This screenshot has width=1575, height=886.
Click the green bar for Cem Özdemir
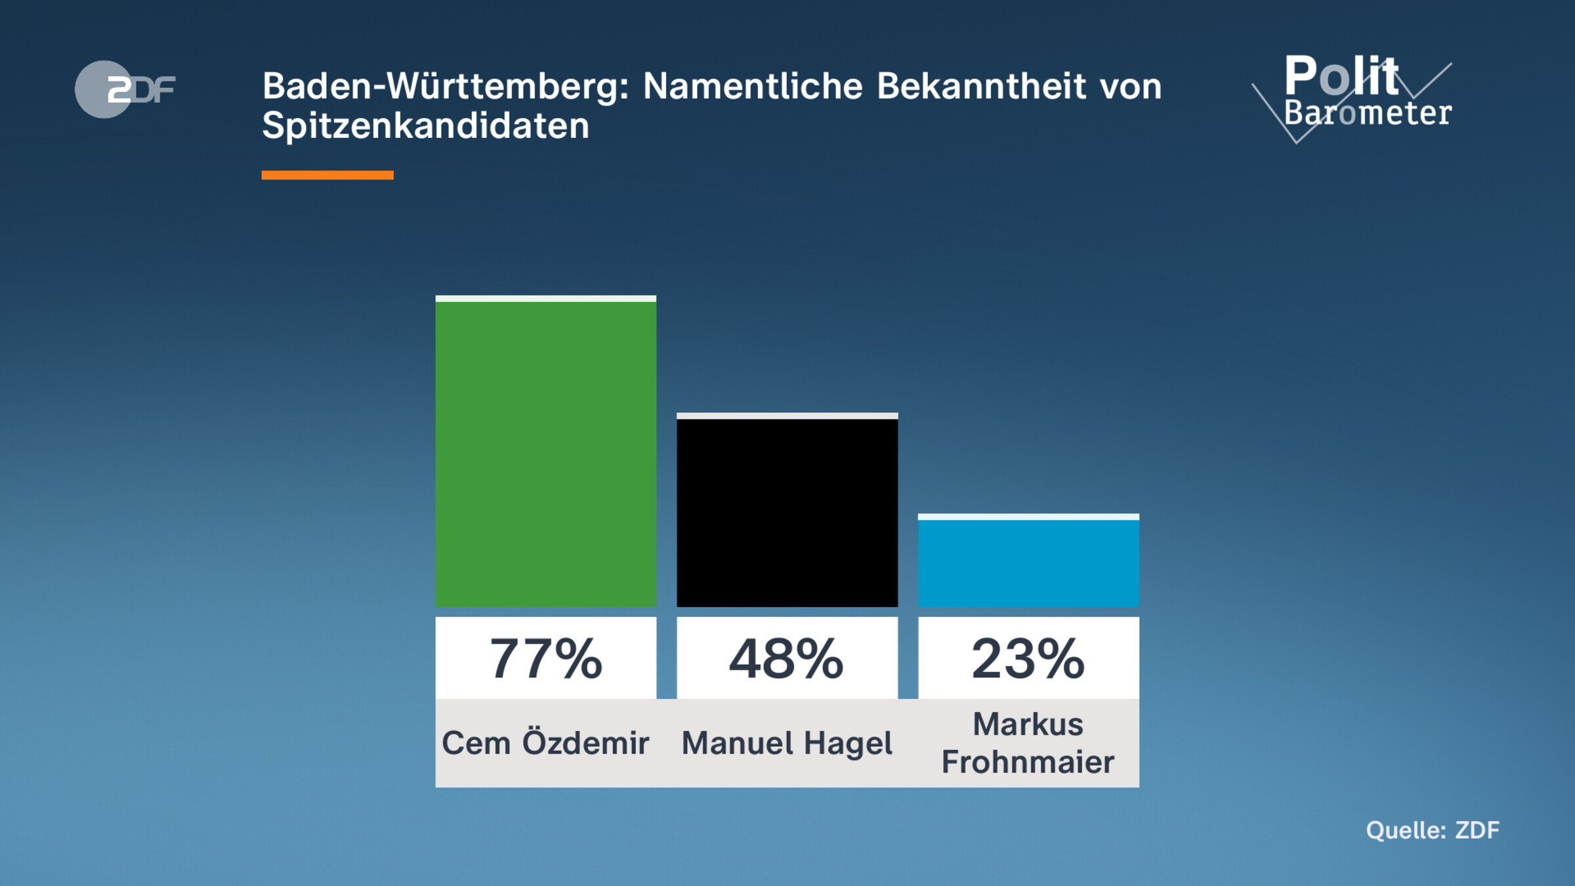pyautogui.click(x=545, y=453)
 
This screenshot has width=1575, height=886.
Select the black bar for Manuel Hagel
pyautogui.click(x=787, y=512)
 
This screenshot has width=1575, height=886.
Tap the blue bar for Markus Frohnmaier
pyautogui.click(x=1028, y=562)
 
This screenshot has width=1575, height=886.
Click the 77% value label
pyautogui.click(x=545, y=658)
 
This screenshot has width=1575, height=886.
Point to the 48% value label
pyautogui.click(x=787, y=658)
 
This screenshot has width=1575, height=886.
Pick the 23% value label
pyautogui.click(x=1028, y=658)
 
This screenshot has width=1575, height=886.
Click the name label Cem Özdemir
pyautogui.click(x=545, y=744)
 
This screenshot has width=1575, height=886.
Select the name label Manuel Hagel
pyautogui.click(x=787, y=744)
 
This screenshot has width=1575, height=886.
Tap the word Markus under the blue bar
pyautogui.click(x=1028, y=725)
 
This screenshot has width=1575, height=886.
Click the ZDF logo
pyautogui.click(x=125, y=89)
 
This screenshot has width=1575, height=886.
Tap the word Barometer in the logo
pyautogui.click(x=1368, y=114)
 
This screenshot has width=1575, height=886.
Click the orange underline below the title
pyautogui.click(x=327, y=175)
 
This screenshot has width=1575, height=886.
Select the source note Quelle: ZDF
pyautogui.click(x=1433, y=830)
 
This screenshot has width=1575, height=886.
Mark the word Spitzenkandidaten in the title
pyautogui.click(x=425, y=126)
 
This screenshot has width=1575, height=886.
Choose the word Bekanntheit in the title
pyautogui.click(x=981, y=87)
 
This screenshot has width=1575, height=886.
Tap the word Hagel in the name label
pyautogui.click(x=847, y=744)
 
